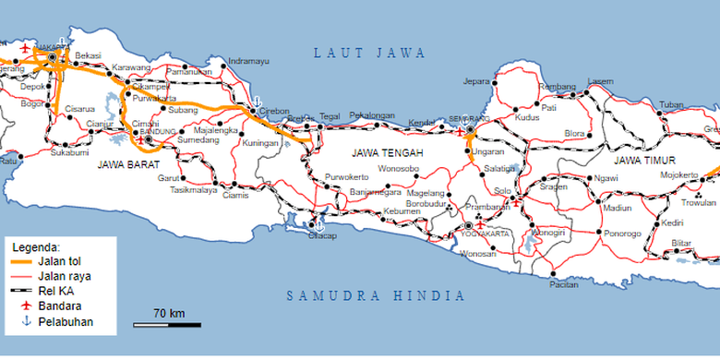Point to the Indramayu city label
click(249, 61)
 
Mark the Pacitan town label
click(563, 284)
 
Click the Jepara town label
click(476, 80)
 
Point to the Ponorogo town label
click(623, 234)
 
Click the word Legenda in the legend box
click(35, 247)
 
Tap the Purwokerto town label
click(346, 176)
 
